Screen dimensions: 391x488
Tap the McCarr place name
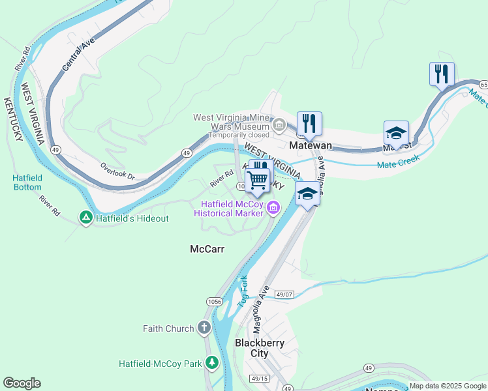point(206,249)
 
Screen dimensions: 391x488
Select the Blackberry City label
point(251,348)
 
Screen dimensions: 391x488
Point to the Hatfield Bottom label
point(27,182)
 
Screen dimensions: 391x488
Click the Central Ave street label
point(79,57)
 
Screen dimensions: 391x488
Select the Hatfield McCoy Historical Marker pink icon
point(273,209)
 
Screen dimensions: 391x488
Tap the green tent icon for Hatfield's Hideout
point(85,218)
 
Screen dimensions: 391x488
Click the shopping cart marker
point(258,180)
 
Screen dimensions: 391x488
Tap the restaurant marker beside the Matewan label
point(309,123)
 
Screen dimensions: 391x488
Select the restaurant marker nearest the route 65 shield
point(442,74)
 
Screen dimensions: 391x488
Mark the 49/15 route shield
point(259,379)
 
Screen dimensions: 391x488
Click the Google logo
point(22,383)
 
